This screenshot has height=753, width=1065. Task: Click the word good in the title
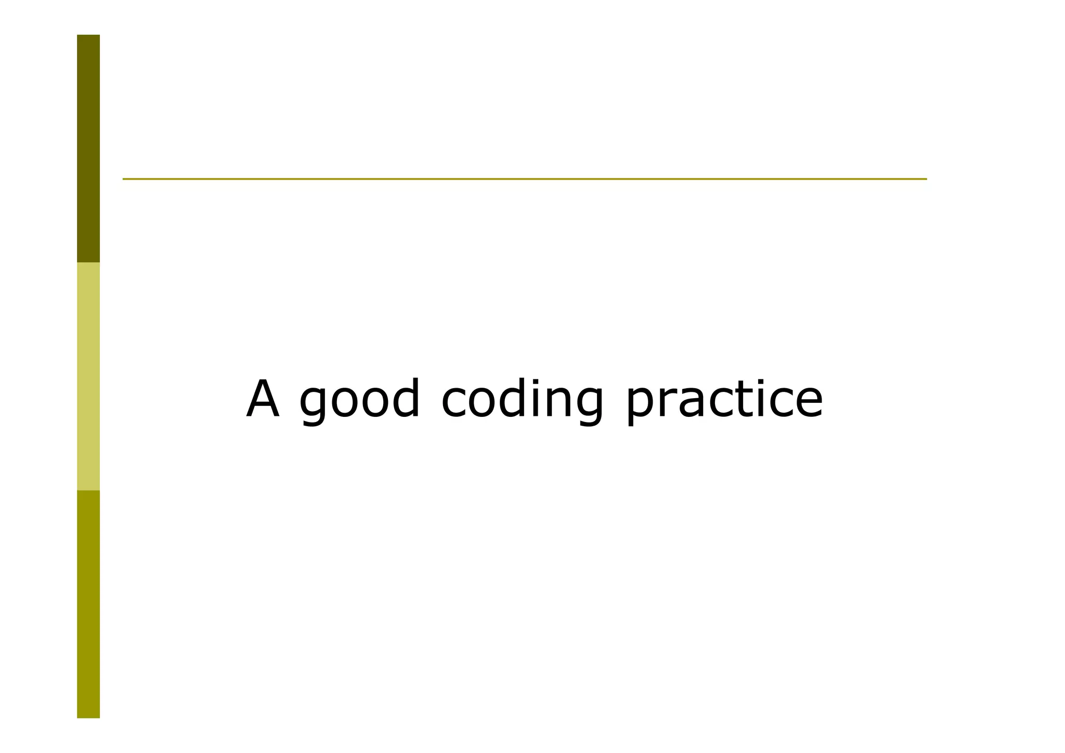pos(359,400)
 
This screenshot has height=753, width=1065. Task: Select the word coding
pos(522,400)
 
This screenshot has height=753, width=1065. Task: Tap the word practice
pos(724,400)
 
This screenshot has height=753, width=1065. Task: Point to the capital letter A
pos(263,399)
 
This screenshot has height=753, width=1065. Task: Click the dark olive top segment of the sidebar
pos(88,148)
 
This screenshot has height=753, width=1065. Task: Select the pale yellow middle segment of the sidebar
pos(88,376)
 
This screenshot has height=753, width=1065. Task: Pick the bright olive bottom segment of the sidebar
pos(88,604)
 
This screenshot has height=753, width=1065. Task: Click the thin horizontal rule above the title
pos(524,179)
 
